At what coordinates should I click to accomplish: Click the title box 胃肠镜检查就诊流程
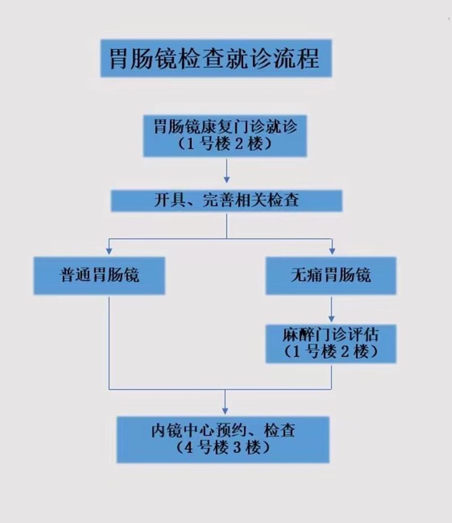tap(216, 58)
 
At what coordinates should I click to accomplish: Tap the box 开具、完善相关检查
tap(226, 200)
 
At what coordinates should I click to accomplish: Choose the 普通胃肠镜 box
tap(99, 275)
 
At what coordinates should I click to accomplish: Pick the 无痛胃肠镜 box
tap(331, 275)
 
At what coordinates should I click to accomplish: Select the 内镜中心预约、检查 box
tap(223, 439)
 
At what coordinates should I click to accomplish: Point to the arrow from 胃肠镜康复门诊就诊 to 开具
tap(227, 173)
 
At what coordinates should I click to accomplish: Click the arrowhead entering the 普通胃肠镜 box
tap(108, 249)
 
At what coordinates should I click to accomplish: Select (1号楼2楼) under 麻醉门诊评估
tap(331, 352)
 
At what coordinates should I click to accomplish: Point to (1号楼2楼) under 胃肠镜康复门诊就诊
tap(225, 144)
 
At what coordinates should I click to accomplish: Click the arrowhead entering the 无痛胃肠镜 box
tap(332, 249)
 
